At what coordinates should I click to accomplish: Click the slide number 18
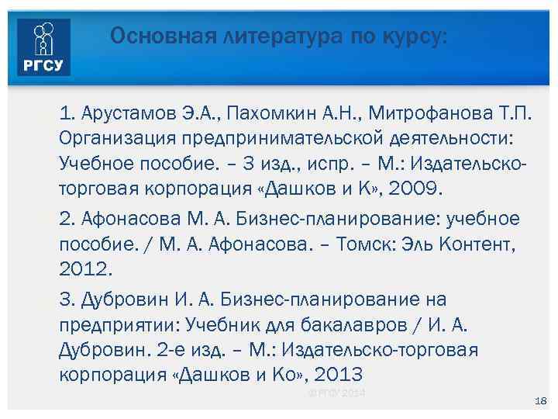(x=541, y=400)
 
